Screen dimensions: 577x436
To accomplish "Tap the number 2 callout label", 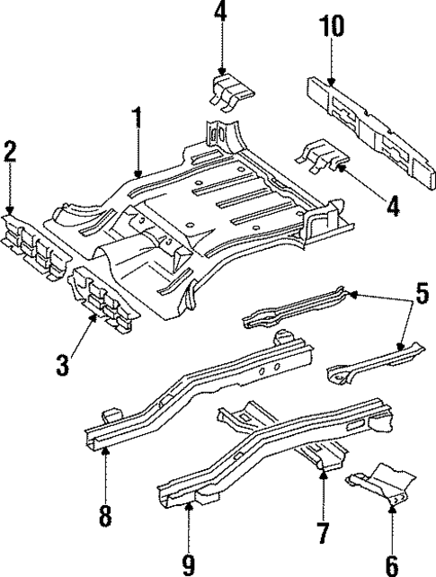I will pyautogui.click(x=10, y=151).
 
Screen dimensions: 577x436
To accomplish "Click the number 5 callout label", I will pyautogui.click(x=422, y=294).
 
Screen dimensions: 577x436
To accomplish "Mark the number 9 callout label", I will pyautogui.click(x=189, y=564).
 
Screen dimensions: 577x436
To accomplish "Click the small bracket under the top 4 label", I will pyautogui.click(x=231, y=93).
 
